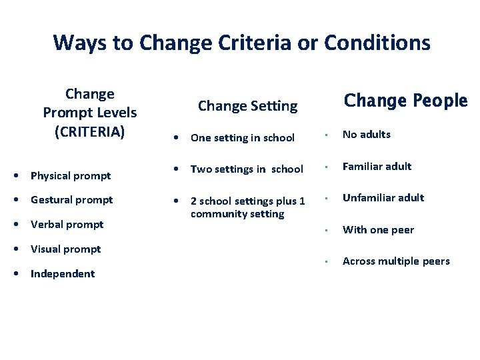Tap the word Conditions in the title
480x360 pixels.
(x=377, y=43)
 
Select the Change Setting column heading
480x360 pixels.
(x=247, y=105)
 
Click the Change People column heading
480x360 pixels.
(x=405, y=101)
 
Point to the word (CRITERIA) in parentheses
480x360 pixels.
(x=89, y=131)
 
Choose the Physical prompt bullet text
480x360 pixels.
(x=71, y=176)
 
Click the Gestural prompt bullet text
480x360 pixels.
(x=72, y=200)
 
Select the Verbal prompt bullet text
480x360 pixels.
(x=67, y=225)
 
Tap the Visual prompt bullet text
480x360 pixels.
(x=66, y=249)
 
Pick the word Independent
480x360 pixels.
(x=63, y=274)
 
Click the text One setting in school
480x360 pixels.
(x=243, y=138)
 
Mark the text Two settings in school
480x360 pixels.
(x=247, y=169)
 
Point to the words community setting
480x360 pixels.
(x=237, y=214)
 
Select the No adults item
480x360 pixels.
(x=367, y=135)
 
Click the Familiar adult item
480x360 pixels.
(x=377, y=167)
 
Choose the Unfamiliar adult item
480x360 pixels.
(x=383, y=198)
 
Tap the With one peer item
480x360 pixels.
(x=379, y=230)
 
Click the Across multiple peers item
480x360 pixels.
(x=396, y=261)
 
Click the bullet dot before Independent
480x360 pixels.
(x=16, y=274)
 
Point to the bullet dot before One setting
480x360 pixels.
(x=175, y=138)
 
